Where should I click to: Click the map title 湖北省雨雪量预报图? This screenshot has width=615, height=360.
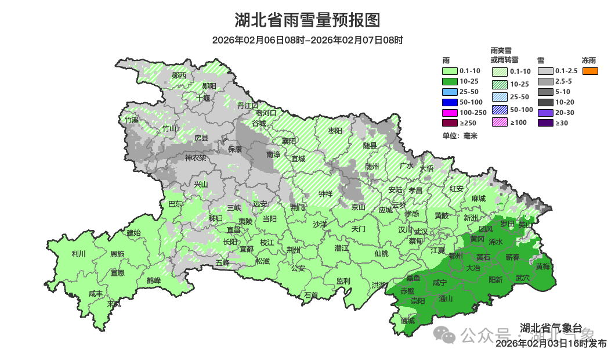tap(307, 20)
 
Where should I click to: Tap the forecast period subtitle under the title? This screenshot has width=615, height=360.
tap(307, 40)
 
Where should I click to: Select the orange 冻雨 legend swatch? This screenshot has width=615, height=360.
tap(590, 71)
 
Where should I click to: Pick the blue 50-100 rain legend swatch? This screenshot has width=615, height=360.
tap(450, 102)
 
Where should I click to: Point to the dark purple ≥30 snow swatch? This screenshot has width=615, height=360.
tap(545, 123)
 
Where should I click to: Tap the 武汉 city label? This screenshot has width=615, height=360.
tap(421, 231)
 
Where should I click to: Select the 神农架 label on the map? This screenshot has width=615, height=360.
tap(196, 157)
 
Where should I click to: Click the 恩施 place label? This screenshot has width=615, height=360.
tap(117, 254)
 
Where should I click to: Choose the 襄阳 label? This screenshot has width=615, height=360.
tap(289, 141)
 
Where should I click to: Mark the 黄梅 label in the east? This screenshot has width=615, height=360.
tap(544, 267)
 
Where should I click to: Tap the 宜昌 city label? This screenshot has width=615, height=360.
tap(233, 230)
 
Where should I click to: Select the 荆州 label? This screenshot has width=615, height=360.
tap(294, 250)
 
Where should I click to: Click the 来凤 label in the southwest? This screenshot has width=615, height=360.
tap(114, 304)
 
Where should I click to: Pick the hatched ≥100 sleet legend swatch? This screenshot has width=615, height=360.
tap(501, 123)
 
